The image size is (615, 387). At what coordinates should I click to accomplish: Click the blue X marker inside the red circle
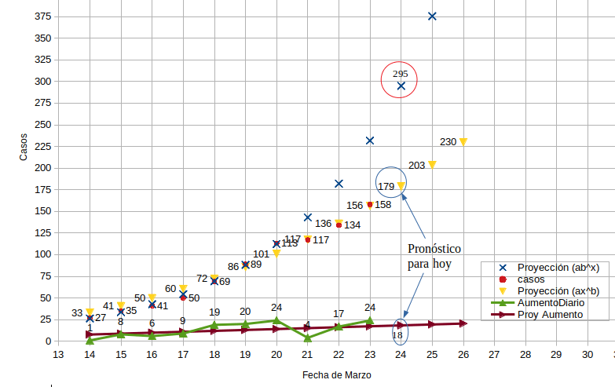pos(401,86)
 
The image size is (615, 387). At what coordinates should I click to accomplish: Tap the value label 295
pos(400,74)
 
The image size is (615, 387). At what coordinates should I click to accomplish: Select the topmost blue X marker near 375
pos(432,16)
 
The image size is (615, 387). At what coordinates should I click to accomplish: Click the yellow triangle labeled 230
pos(463,141)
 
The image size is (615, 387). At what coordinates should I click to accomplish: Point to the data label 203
pos(417,166)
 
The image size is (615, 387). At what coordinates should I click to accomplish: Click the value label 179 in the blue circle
pos(386,187)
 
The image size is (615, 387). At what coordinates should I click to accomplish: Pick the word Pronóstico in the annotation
pos(434,248)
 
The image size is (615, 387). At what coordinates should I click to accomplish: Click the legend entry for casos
pos(531,279)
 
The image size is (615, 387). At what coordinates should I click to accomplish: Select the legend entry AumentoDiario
pos(551,302)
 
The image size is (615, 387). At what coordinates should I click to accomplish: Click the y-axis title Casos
pos(24,147)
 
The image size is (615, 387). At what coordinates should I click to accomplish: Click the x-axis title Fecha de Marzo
pos(337,375)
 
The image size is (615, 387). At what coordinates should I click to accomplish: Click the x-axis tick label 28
pos(525,355)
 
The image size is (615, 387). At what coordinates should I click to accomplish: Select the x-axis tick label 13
pos(57,355)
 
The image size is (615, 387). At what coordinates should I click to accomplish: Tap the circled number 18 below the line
pos(397,335)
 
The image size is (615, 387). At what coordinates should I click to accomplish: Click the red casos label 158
pos(383,205)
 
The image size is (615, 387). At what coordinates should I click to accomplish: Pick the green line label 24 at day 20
pos(276,308)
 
